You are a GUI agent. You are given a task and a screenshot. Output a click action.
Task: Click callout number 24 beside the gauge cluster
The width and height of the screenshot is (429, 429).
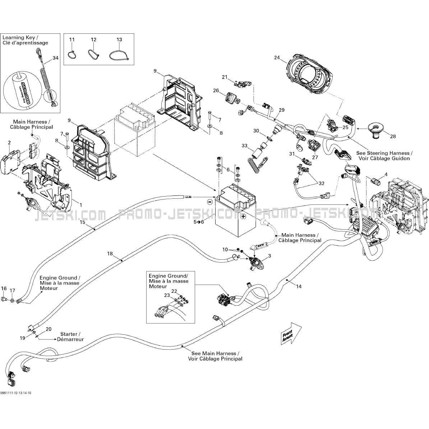[x=277, y=57]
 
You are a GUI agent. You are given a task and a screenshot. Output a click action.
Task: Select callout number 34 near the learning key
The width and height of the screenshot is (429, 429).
[x=55, y=58]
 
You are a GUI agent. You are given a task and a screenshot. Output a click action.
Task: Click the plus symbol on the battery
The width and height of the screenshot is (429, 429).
[x=243, y=216]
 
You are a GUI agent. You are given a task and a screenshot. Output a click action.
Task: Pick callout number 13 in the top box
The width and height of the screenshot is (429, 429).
[x=119, y=40]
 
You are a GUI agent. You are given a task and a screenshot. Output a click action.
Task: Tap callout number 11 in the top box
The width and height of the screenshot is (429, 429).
[x=72, y=40]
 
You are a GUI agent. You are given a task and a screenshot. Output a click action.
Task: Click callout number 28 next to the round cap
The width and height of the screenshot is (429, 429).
[x=393, y=136]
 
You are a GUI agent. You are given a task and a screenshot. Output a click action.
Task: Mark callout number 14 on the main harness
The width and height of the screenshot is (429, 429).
[x=299, y=286]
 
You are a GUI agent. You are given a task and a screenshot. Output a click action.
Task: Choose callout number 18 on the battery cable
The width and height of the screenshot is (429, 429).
[x=110, y=254]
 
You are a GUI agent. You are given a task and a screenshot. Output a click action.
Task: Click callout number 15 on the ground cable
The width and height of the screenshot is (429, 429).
[x=82, y=222]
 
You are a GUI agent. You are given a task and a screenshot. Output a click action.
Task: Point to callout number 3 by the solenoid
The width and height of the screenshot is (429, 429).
[x=269, y=255]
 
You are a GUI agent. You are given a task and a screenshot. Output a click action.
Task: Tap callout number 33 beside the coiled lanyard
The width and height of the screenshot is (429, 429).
[x=244, y=146]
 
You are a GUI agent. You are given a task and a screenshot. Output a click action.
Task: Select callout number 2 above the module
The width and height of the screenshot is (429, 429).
[x=9, y=143]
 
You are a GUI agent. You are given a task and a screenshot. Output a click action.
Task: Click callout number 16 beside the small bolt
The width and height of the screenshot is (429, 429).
[x=4, y=288]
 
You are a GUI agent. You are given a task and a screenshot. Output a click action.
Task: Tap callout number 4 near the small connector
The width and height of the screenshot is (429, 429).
[x=386, y=175]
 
